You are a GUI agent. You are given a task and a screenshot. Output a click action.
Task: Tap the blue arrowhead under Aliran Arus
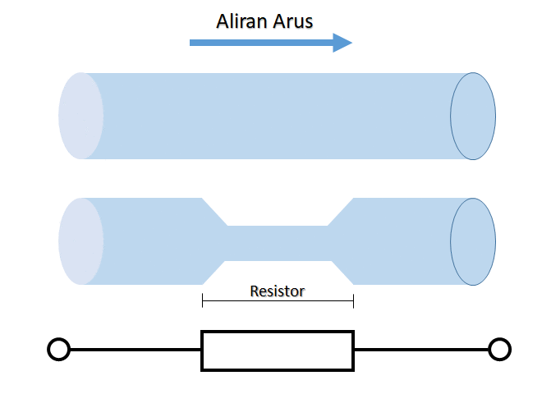(342, 42)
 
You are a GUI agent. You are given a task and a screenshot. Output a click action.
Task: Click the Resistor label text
(277, 291)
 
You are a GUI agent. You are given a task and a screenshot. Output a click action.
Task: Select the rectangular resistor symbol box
(278, 350)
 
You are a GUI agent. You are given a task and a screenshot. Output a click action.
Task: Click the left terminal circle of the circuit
(58, 350)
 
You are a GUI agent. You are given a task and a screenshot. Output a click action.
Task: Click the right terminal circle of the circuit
(499, 350)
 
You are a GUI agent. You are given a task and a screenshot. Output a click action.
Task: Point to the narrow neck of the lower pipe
(278, 243)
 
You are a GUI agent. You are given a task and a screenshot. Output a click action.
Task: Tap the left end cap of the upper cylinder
(80, 116)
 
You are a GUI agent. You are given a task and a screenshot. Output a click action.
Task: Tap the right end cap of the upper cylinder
(473, 116)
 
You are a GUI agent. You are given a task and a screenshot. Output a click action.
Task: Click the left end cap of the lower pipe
(80, 241)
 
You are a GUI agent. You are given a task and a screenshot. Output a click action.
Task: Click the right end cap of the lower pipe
(473, 241)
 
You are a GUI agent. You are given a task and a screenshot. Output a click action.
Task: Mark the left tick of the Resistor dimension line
(202, 301)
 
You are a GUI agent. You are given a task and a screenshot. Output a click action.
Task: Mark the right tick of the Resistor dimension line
(353, 301)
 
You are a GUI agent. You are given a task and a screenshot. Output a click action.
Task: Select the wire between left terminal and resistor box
(135, 350)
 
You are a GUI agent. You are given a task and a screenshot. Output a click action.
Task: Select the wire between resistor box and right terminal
(420, 350)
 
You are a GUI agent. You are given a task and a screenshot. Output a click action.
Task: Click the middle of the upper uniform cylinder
(278, 116)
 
